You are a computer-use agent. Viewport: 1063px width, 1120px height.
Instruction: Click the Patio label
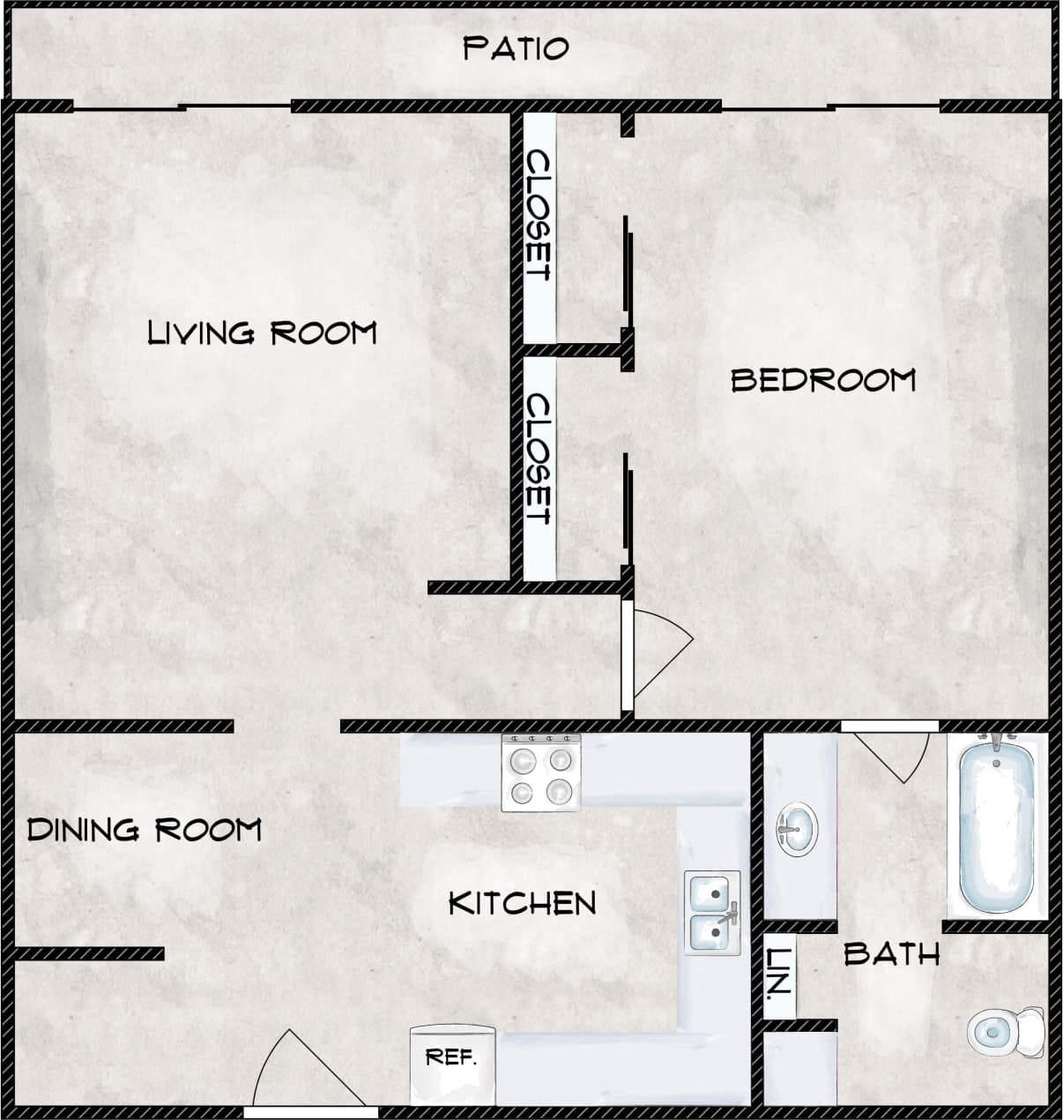516,49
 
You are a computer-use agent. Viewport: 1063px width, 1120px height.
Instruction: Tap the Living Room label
262,333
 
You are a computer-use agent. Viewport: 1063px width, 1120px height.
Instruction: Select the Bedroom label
823,380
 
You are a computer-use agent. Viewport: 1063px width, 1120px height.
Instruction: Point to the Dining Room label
145,830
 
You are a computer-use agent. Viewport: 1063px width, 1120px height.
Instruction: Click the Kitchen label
523,903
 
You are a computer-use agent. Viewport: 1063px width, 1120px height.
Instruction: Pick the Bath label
891,953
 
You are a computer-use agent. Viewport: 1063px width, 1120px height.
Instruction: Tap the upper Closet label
539,215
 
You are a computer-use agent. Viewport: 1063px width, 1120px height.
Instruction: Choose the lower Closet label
539,459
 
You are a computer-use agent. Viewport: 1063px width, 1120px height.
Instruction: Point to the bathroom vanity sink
797,829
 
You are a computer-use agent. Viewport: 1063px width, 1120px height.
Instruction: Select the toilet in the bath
1005,1030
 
